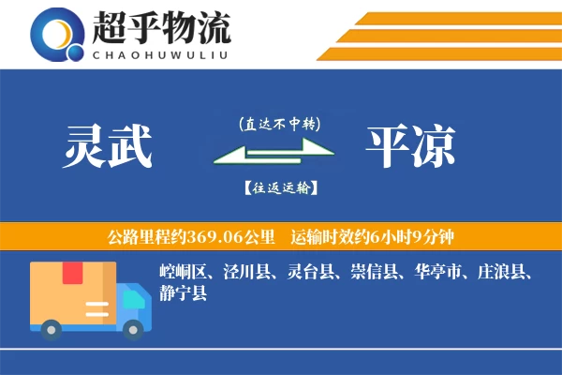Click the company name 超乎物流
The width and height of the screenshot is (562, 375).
coord(161,27)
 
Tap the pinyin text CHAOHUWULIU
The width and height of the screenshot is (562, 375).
coord(161,52)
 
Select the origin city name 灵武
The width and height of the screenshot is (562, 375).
coord(108,147)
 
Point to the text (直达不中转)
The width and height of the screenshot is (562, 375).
coord(279,123)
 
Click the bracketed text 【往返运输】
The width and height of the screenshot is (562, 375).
coord(279,187)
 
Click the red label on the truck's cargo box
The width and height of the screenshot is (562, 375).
coord(72,274)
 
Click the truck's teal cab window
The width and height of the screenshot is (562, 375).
coord(135,298)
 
